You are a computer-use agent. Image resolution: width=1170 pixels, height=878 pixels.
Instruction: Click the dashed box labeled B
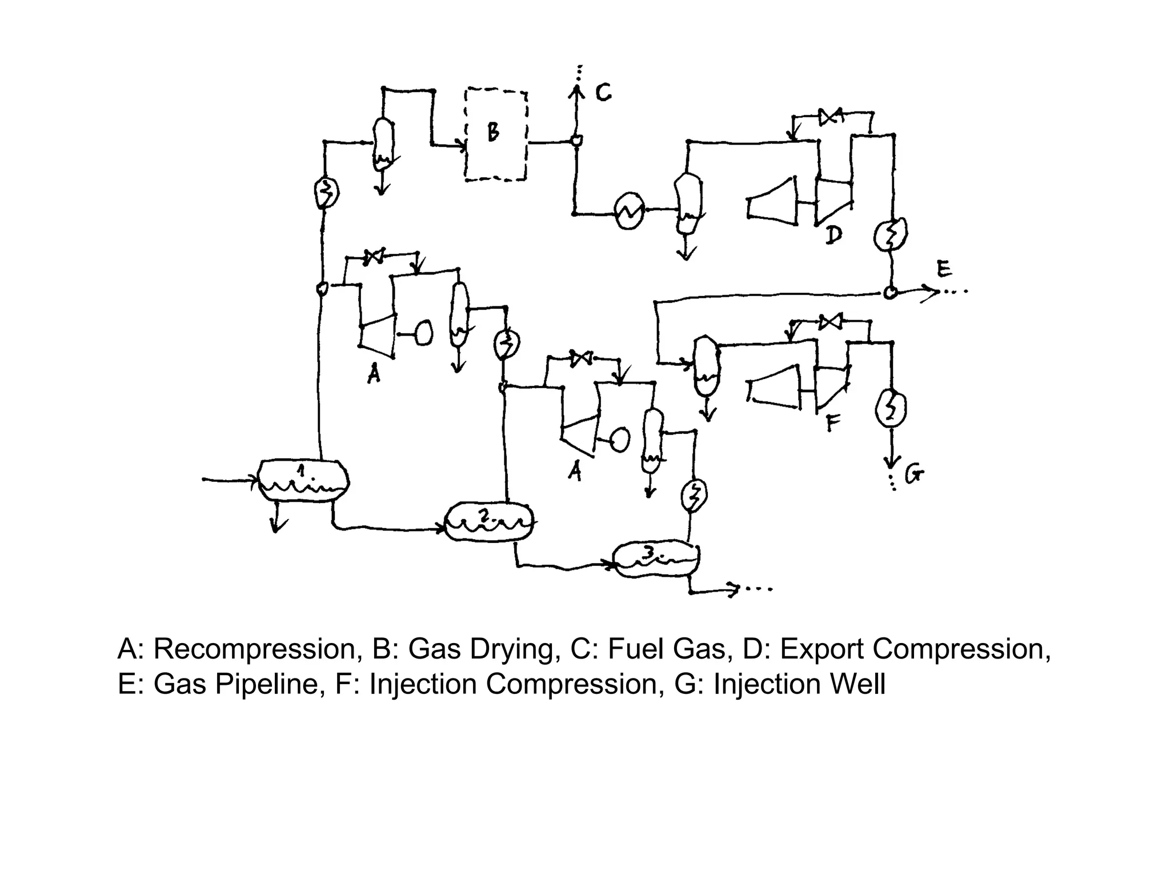[x=495, y=135]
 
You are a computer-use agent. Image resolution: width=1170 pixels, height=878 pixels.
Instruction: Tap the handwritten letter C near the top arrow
[x=603, y=93]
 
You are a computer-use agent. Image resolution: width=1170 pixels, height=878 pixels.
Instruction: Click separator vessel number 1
[x=303, y=480]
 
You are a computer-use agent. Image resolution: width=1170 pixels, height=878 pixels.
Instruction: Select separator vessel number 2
[x=489, y=521]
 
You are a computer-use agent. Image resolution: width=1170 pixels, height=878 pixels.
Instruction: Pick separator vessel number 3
[x=656, y=558]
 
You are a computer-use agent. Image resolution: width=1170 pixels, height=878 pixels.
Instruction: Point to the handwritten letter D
[x=834, y=234]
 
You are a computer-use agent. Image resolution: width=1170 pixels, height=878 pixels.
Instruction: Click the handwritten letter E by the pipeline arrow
[x=944, y=269]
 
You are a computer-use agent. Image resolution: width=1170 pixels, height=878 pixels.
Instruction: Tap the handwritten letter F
[x=834, y=423]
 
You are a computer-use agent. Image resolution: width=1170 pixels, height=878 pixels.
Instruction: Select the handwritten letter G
[x=914, y=474]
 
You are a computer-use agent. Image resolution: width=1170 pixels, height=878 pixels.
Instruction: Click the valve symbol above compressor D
[x=831, y=117]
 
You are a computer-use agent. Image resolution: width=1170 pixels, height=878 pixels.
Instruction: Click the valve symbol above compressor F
[x=830, y=322]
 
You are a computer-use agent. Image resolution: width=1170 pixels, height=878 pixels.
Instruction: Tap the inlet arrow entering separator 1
[x=229, y=480]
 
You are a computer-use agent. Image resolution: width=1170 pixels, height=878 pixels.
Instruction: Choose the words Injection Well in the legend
[x=799, y=684]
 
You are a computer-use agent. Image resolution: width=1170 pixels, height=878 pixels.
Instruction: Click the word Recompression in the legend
[x=258, y=649]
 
